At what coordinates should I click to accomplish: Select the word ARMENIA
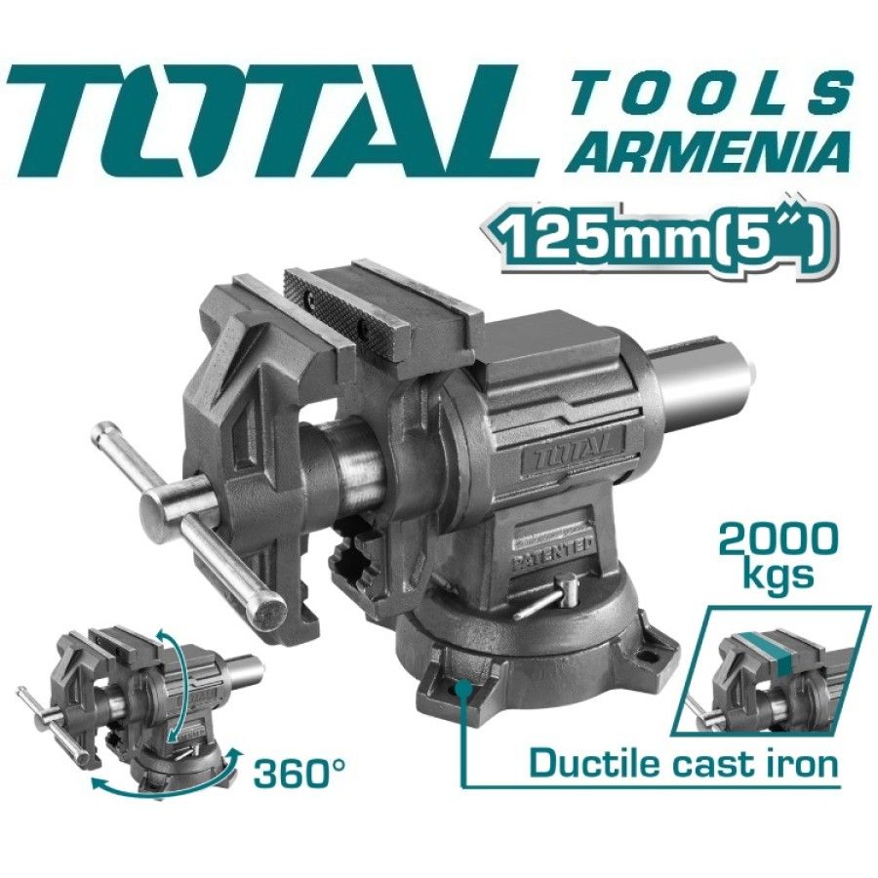coord(707,145)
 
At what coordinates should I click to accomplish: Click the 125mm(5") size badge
coord(663,239)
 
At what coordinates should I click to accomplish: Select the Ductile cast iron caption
coord(683,763)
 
